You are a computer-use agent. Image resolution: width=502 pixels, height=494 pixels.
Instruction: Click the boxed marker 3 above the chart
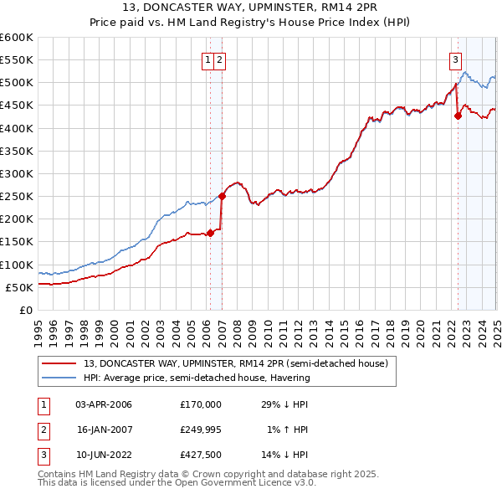click(x=455, y=59)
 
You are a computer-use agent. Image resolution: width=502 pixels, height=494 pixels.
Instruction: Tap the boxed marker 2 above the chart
click(x=218, y=59)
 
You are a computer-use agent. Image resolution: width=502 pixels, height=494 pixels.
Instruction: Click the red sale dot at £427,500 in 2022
click(x=458, y=116)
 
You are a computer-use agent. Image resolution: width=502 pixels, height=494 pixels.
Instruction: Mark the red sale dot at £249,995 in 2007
click(x=223, y=197)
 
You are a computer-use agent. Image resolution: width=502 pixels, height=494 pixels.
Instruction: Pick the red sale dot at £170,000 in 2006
click(x=210, y=233)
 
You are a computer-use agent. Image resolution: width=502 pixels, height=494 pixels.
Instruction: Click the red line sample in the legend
click(x=60, y=364)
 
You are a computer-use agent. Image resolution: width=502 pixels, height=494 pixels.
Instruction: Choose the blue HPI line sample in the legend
click(x=60, y=378)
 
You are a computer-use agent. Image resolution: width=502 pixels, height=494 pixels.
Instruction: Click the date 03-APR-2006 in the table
click(x=104, y=404)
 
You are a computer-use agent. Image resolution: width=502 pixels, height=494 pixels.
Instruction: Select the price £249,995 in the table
click(x=201, y=430)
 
